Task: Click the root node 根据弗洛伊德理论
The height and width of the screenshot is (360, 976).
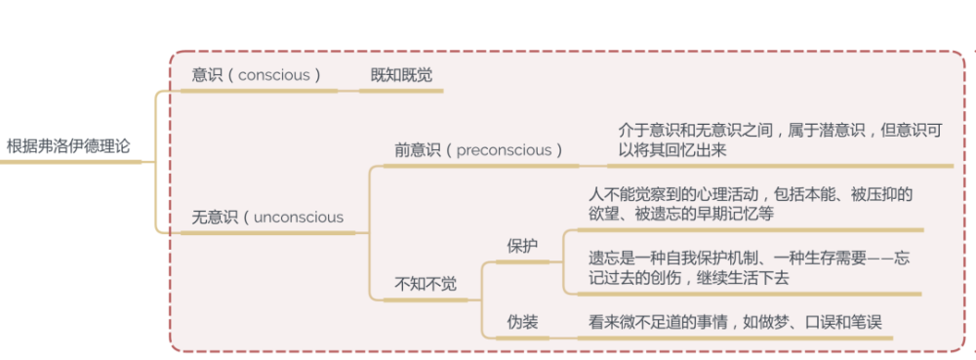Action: [67, 147]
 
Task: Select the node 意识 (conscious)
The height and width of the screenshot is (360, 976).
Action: [257, 75]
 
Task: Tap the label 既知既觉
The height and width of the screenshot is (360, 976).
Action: [401, 75]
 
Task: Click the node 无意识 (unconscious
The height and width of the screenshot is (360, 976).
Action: [267, 218]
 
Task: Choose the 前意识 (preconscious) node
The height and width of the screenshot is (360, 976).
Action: [478, 150]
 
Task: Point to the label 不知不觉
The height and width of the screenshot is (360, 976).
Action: [425, 284]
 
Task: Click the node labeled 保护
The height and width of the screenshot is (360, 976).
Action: [522, 246]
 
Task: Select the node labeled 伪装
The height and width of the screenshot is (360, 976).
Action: [522, 322]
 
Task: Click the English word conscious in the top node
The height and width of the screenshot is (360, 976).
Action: [273, 75]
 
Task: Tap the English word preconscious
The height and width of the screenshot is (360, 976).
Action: [505, 150]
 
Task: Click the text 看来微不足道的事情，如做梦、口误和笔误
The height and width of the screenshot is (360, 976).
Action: [735, 322]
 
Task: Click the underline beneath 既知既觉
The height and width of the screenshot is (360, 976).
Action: [401, 91]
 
